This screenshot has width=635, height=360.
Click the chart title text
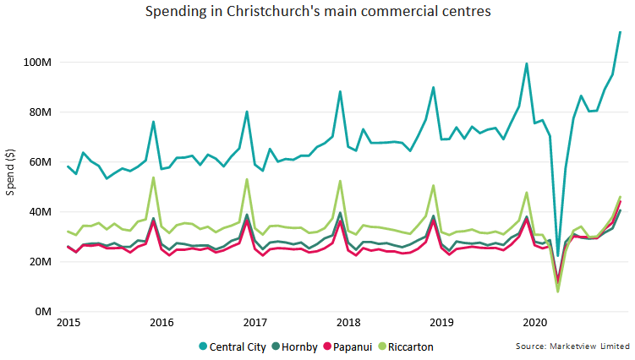point(317,13)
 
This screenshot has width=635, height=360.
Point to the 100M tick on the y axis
point(38,63)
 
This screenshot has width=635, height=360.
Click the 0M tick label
point(43,312)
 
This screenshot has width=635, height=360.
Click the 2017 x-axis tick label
point(255,323)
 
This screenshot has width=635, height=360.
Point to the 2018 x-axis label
point(348,323)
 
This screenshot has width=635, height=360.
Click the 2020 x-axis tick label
point(534,323)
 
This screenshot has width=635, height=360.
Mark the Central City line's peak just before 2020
point(527,63)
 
